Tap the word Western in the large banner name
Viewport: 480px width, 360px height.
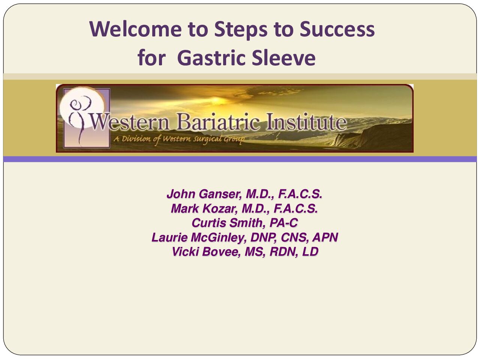[130, 122]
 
